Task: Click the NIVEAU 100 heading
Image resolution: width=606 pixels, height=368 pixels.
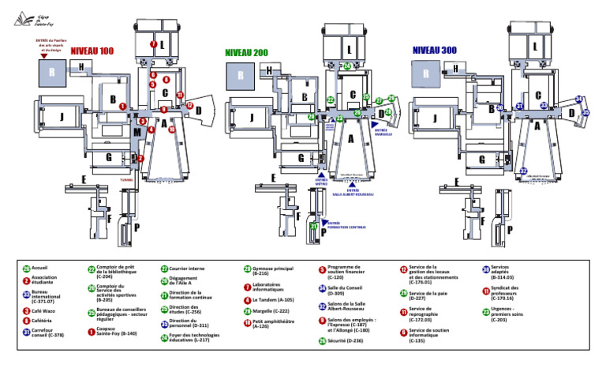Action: (92, 51)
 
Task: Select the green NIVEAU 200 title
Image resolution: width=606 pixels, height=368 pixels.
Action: (246, 52)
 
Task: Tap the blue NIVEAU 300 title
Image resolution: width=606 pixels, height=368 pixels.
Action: (435, 51)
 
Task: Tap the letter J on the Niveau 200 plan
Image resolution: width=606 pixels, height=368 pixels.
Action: (251, 118)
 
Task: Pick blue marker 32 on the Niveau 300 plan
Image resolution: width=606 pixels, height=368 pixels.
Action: (523, 171)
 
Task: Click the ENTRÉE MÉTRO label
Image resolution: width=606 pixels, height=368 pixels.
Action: (321, 182)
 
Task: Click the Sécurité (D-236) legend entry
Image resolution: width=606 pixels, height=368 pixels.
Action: (341, 340)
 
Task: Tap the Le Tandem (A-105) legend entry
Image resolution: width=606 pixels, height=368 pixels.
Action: (268, 300)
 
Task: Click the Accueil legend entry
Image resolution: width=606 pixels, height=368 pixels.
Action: (39, 268)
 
